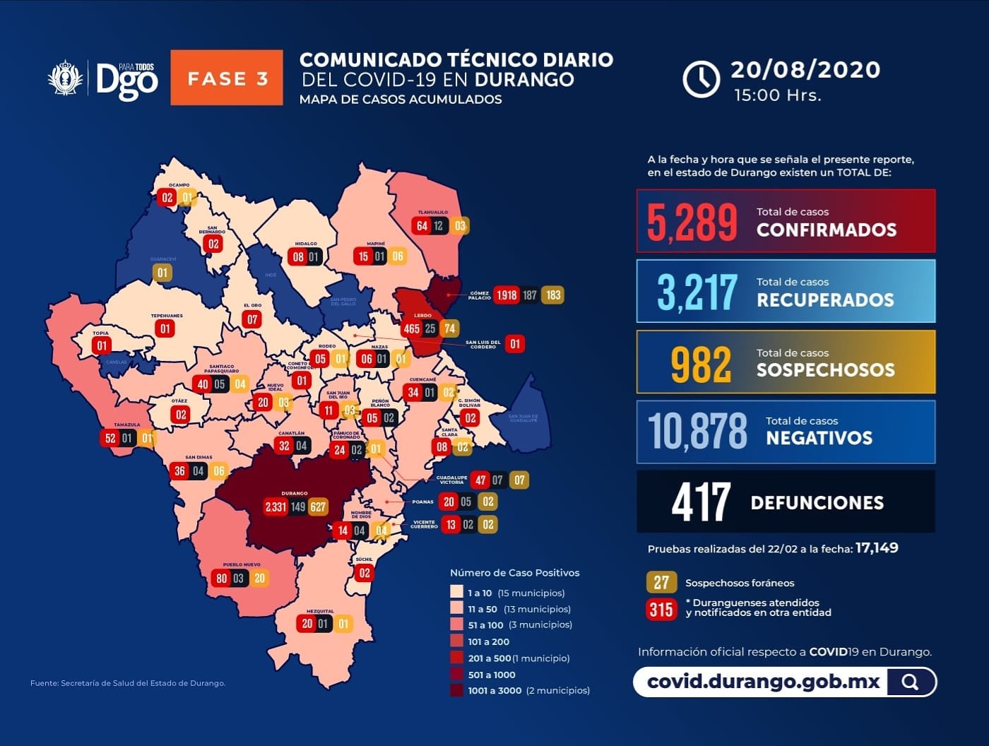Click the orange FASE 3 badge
(x=227, y=78)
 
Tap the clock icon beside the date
(x=701, y=78)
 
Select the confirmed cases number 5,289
(x=692, y=222)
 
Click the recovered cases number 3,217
(x=697, y=292)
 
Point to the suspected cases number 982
(x=701, y=365)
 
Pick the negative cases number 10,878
(x=697, y=431)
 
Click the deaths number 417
(x=701, y=502)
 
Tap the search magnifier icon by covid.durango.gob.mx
(x=911, y=682)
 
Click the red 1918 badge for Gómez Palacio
(x=507, y=295)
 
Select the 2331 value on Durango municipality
(x=276, y=507)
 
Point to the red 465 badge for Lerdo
(x=411, y=328)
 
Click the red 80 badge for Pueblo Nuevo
(x=222, y=579)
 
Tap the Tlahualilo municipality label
(x=432, y=213)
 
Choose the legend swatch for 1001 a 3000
(x=456, y=690)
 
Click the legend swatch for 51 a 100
(x=456, y=624)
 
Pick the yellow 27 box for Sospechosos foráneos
(x=661, y=583)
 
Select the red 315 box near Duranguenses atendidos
(x=661, y=608)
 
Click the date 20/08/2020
(x=805, y=69)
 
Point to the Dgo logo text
(x=127, y=80)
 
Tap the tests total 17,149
(x=877, y=548)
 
